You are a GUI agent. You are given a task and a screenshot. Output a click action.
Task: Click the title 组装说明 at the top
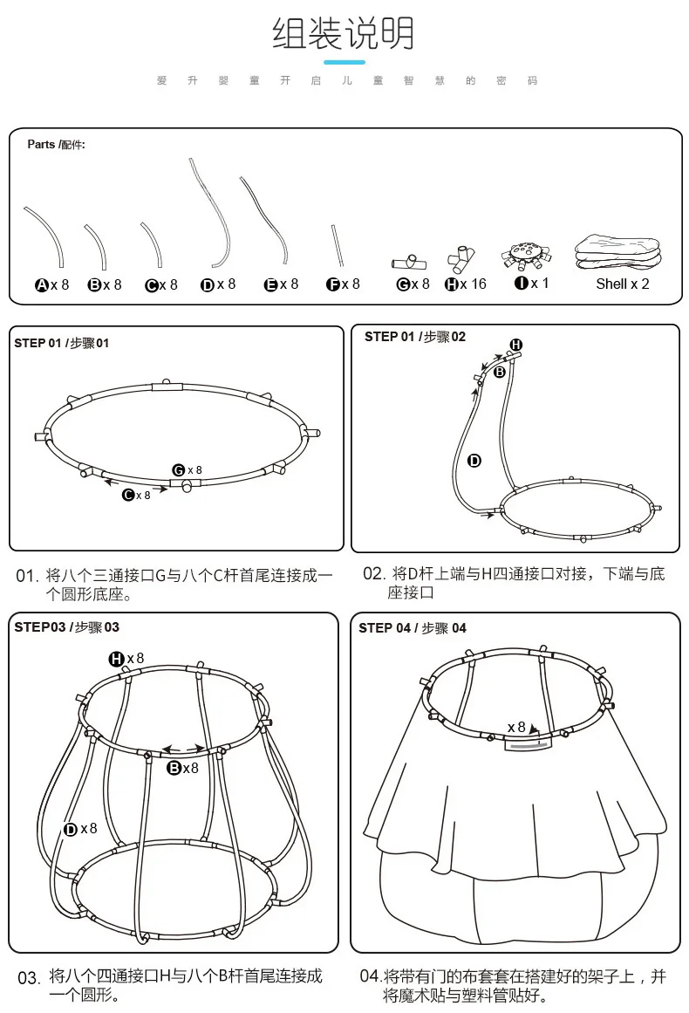click(x=343, y=33)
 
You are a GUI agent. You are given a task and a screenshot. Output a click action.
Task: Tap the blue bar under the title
click(x=344, y=62)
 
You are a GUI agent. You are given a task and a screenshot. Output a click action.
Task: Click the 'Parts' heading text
click(x=41, y=144)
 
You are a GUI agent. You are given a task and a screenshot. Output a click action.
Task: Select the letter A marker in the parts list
click(x=42, y=285)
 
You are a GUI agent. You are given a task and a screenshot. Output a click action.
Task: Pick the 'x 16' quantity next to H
click(x=473, y=284)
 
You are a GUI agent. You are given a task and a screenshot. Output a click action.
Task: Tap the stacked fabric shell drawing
click(x=618, y=252)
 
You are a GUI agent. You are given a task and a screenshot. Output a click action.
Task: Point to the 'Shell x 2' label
click(x=623, y=284)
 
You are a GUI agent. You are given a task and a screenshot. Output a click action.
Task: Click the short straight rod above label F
click(x=337, y=245)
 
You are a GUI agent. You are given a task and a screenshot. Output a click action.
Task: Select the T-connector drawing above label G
click(x=409, y=263)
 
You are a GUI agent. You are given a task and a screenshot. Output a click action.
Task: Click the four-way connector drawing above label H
click(x=461, y=259)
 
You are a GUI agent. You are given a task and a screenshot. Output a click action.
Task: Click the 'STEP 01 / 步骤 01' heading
click(x=61, y=343)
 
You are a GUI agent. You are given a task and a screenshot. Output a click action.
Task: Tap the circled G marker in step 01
click(x=179, y=470)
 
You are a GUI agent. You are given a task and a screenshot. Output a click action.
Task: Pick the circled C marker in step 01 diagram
click(x=128, y=495)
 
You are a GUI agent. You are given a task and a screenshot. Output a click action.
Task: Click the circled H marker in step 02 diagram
click(x=516, y=345)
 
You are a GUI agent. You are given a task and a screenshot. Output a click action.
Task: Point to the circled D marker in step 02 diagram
click(x=474, y=461)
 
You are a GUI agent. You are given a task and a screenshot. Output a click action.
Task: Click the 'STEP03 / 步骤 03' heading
click(x=66, y=627)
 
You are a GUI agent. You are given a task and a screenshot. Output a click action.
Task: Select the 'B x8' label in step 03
click(x=183, y=768)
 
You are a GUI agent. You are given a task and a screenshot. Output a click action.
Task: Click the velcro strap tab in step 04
click(x=529, y=745)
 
